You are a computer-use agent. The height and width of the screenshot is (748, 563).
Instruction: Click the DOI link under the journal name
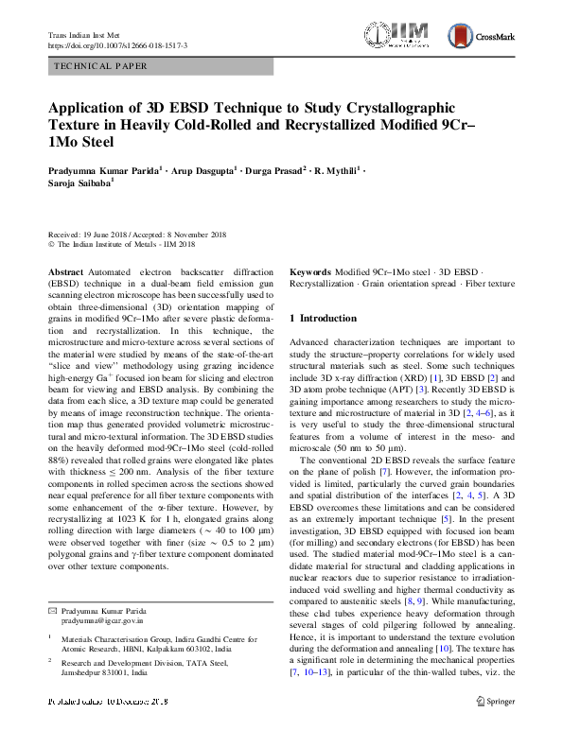(x=117, y=45)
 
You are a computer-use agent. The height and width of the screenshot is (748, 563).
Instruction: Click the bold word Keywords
(x=311, y=271)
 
